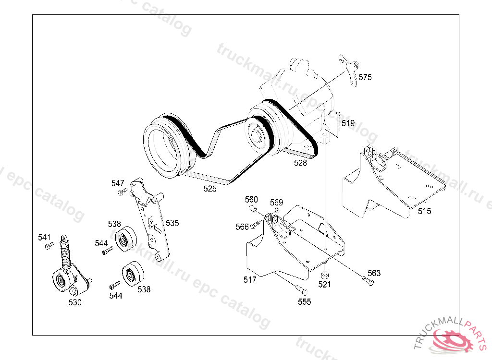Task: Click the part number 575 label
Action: click(365, 77)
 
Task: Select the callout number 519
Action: click(348, 123)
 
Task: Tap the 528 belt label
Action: click(300, 163)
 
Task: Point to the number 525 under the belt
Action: click(210, 189)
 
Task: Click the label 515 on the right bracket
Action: click(424, 211)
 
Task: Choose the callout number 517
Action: click(250, 279)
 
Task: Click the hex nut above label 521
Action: click(325, 275)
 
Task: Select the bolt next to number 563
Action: click(368, 281)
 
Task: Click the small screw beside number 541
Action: click(49, 246)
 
